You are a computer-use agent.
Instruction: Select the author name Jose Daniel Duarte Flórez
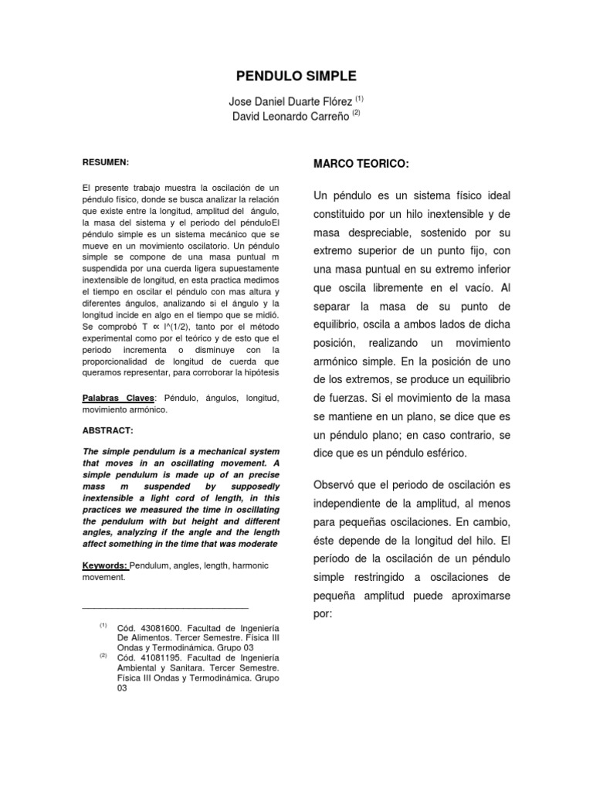click(290, 101)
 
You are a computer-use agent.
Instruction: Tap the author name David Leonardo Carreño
click(290, 116)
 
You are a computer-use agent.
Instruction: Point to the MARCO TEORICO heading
click(360, 165)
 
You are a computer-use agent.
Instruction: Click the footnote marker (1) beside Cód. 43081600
click(103, 625)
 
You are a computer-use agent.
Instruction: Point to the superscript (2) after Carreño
click(356, 113)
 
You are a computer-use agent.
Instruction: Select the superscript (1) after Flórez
click(359, 98)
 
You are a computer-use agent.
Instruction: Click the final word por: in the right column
click(323, 614)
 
